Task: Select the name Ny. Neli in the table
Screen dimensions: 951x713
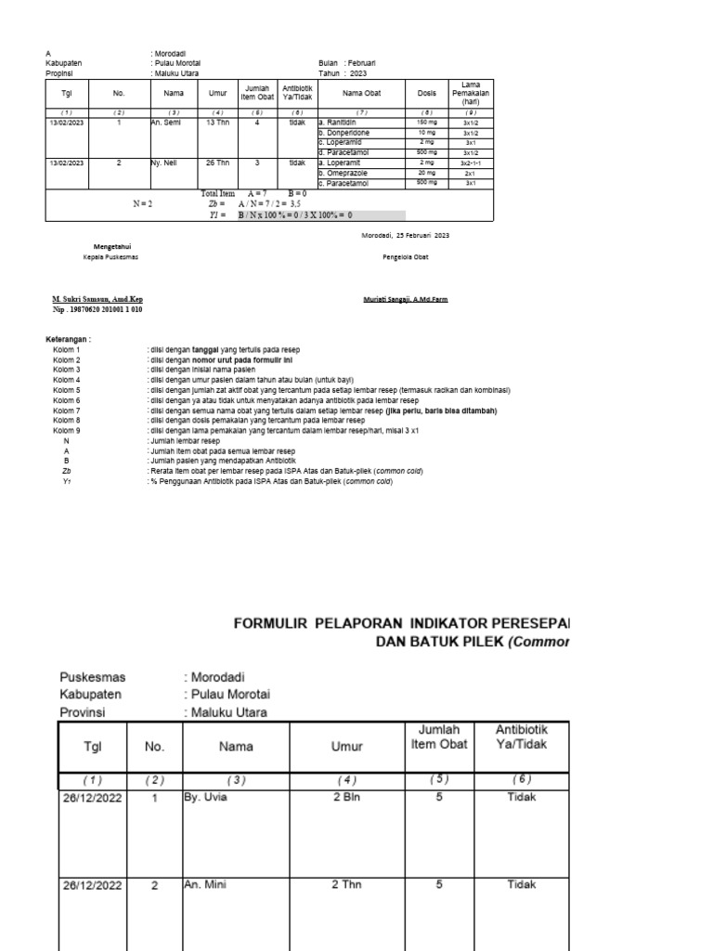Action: point(163,162)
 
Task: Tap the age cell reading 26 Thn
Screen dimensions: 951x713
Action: point(217,162)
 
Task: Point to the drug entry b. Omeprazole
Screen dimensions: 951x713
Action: point(344,173)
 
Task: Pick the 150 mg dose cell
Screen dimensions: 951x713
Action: point(426,123)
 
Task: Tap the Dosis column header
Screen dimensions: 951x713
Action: point(426,93)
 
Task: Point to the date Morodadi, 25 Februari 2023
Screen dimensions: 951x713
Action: point(405,236)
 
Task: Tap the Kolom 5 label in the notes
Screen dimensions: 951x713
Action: point(67,390)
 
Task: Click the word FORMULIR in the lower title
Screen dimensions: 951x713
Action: point(271,622)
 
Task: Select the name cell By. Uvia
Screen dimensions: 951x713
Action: point(206,796)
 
